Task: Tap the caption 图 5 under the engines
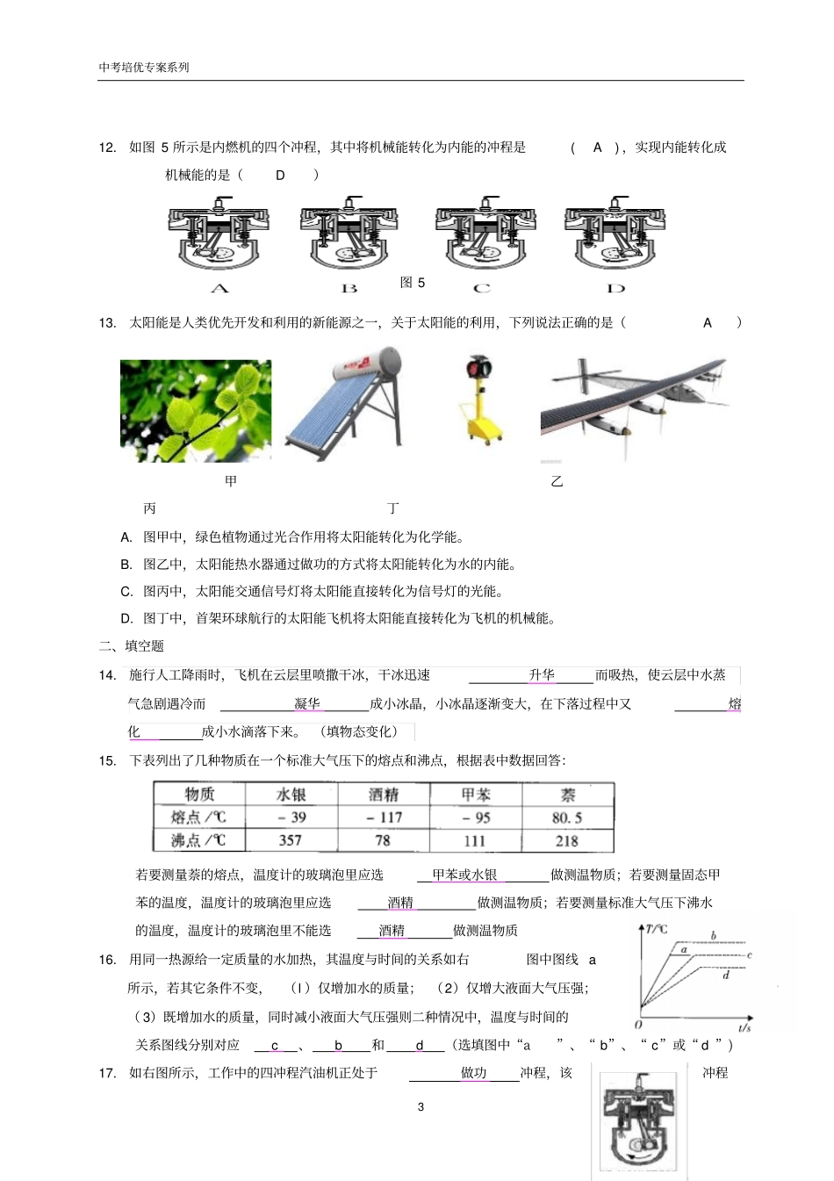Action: point(413,283)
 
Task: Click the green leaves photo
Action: point(196,411)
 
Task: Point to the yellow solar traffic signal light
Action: point(481,400)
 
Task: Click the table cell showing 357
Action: point(291,840)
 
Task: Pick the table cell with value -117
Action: point(384,817)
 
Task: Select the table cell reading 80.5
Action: point(567,817)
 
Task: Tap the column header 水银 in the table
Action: point(291,795)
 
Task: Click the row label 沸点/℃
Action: point(198,840)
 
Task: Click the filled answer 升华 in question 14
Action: point(542,675)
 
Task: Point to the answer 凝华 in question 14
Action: point(307,704)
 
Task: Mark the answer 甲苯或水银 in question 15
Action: point(464,875)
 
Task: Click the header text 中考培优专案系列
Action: point(144,67)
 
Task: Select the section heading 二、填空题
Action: point(132,646)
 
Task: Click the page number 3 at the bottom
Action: point(421,1107)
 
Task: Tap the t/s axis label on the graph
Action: point(744,1026)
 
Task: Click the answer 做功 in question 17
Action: point(473,1073)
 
